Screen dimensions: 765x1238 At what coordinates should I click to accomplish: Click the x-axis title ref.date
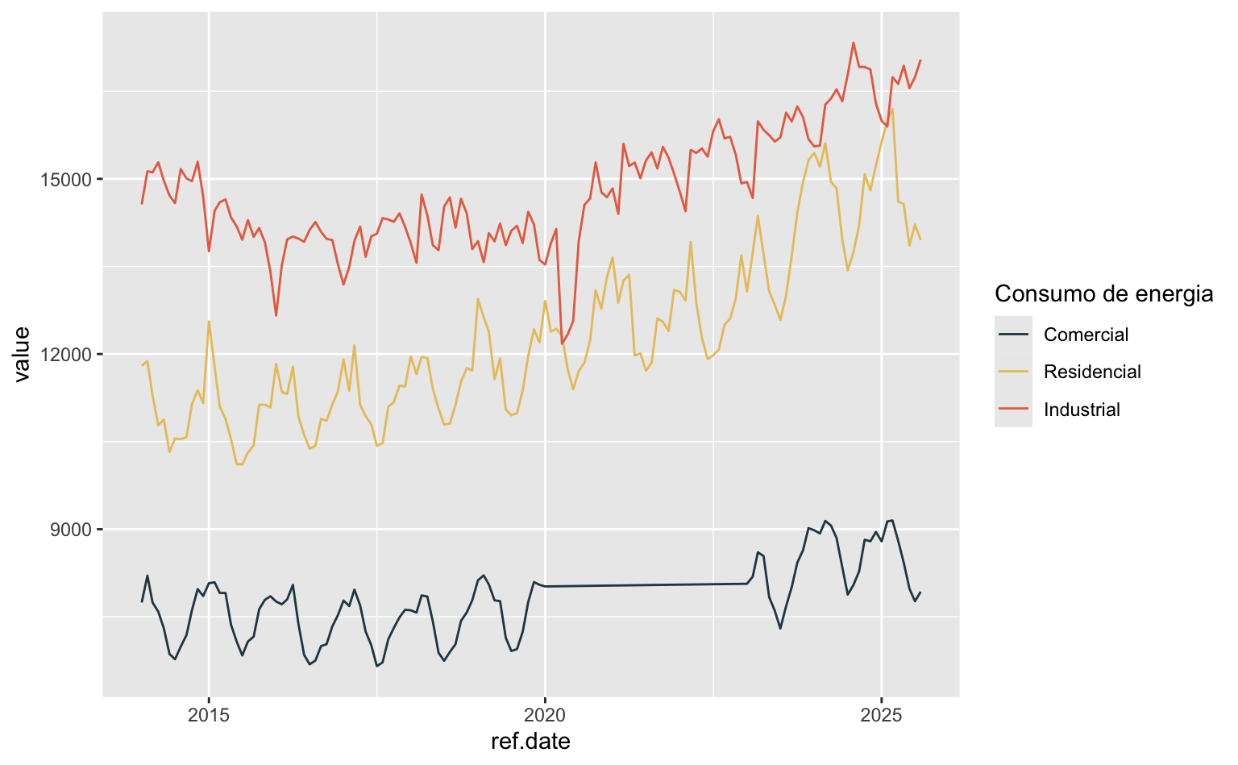530,742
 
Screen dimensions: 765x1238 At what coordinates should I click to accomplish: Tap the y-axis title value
22,354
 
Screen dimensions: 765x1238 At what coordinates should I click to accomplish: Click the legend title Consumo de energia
1103,293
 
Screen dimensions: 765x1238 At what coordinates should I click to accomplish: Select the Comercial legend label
1086,335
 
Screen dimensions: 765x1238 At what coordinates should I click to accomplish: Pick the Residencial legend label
1092,372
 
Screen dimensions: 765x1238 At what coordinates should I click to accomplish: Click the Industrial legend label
1082,410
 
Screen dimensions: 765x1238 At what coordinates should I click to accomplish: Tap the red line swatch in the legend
1013,410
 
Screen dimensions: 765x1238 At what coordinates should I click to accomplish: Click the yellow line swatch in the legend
1013,372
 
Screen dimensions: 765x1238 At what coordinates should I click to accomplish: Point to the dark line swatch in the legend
1013,335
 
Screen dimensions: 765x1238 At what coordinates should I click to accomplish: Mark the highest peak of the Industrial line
854,43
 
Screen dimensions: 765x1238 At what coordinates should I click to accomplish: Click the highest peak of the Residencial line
892,109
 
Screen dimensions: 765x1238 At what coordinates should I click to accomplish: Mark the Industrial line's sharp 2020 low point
562,344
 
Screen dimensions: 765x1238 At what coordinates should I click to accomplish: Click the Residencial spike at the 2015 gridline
209,322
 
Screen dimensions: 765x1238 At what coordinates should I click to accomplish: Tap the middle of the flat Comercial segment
646,585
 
